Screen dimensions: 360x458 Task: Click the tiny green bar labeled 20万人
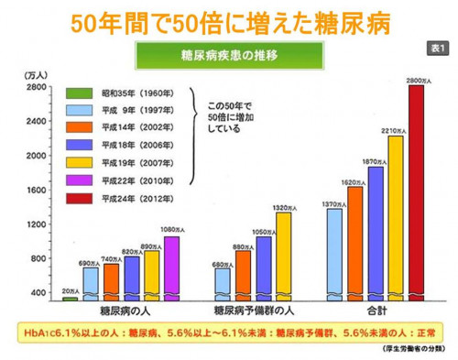[x=70, y=299]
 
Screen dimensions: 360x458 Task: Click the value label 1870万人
[x=375, y=161]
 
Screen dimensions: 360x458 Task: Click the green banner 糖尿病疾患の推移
[x=230, y=56]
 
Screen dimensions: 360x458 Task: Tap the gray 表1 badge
[x=435, y=47]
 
